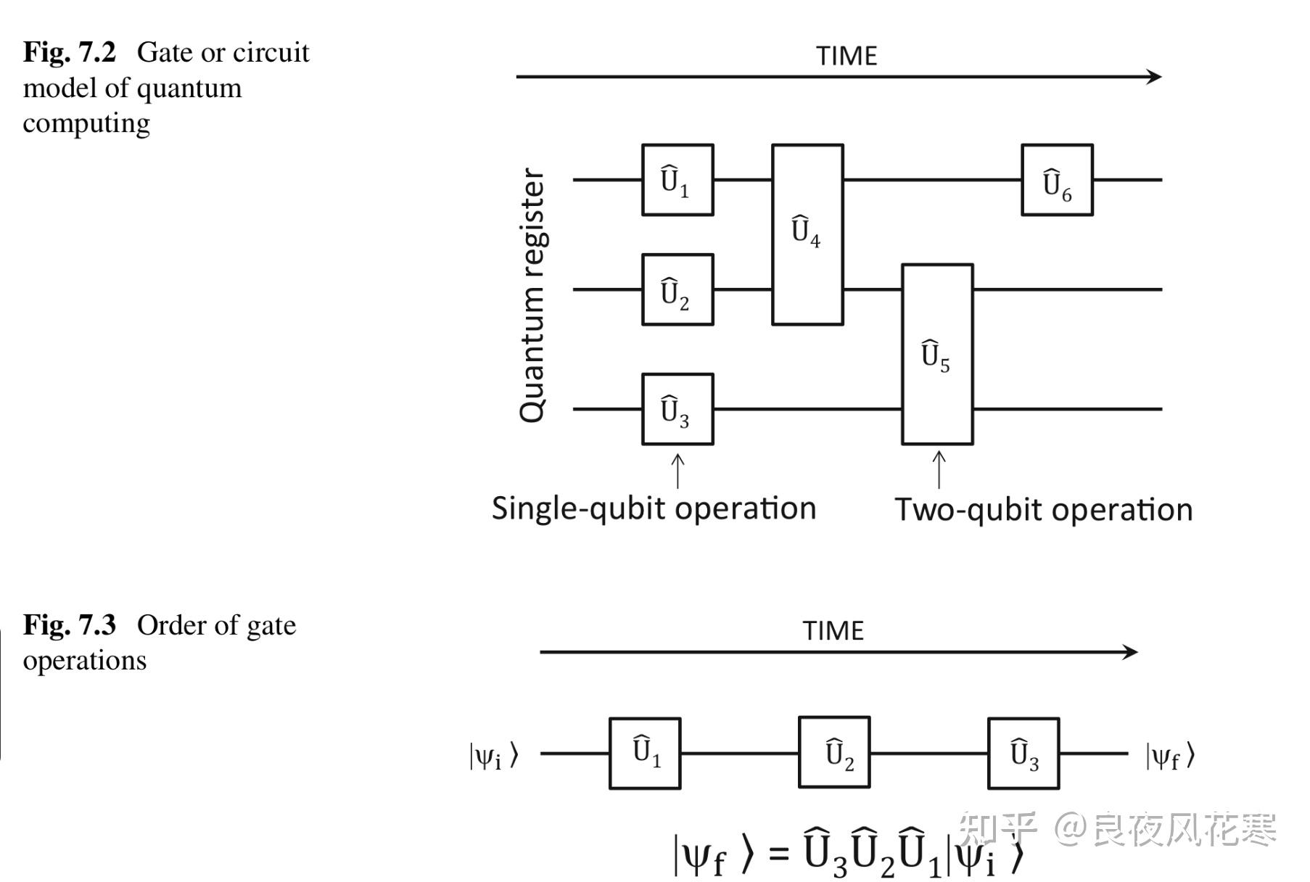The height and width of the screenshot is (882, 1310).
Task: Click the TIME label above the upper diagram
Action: pyautogui.click(x=846, y=56)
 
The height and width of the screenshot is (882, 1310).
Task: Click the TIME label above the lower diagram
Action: pyautogui.click(x=833, y=631)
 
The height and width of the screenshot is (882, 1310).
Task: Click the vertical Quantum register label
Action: pyautogui.click(x=532, y=295)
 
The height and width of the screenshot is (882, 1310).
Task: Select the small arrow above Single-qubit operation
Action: pyautogui.click(x=677, y=471)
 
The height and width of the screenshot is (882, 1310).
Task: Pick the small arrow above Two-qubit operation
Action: pyautogui.click(x=939, y=469)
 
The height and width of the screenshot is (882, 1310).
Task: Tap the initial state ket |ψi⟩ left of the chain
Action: pyautogui.click(x=494, y=756)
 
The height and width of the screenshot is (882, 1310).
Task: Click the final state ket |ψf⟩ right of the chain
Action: pyautogui.click(x=1170, y=757)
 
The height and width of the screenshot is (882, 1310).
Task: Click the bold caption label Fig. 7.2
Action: pyautogui.click(x=70, y=52)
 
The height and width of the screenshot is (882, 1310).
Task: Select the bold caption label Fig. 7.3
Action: pyautogui.click(x=70, y=625)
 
